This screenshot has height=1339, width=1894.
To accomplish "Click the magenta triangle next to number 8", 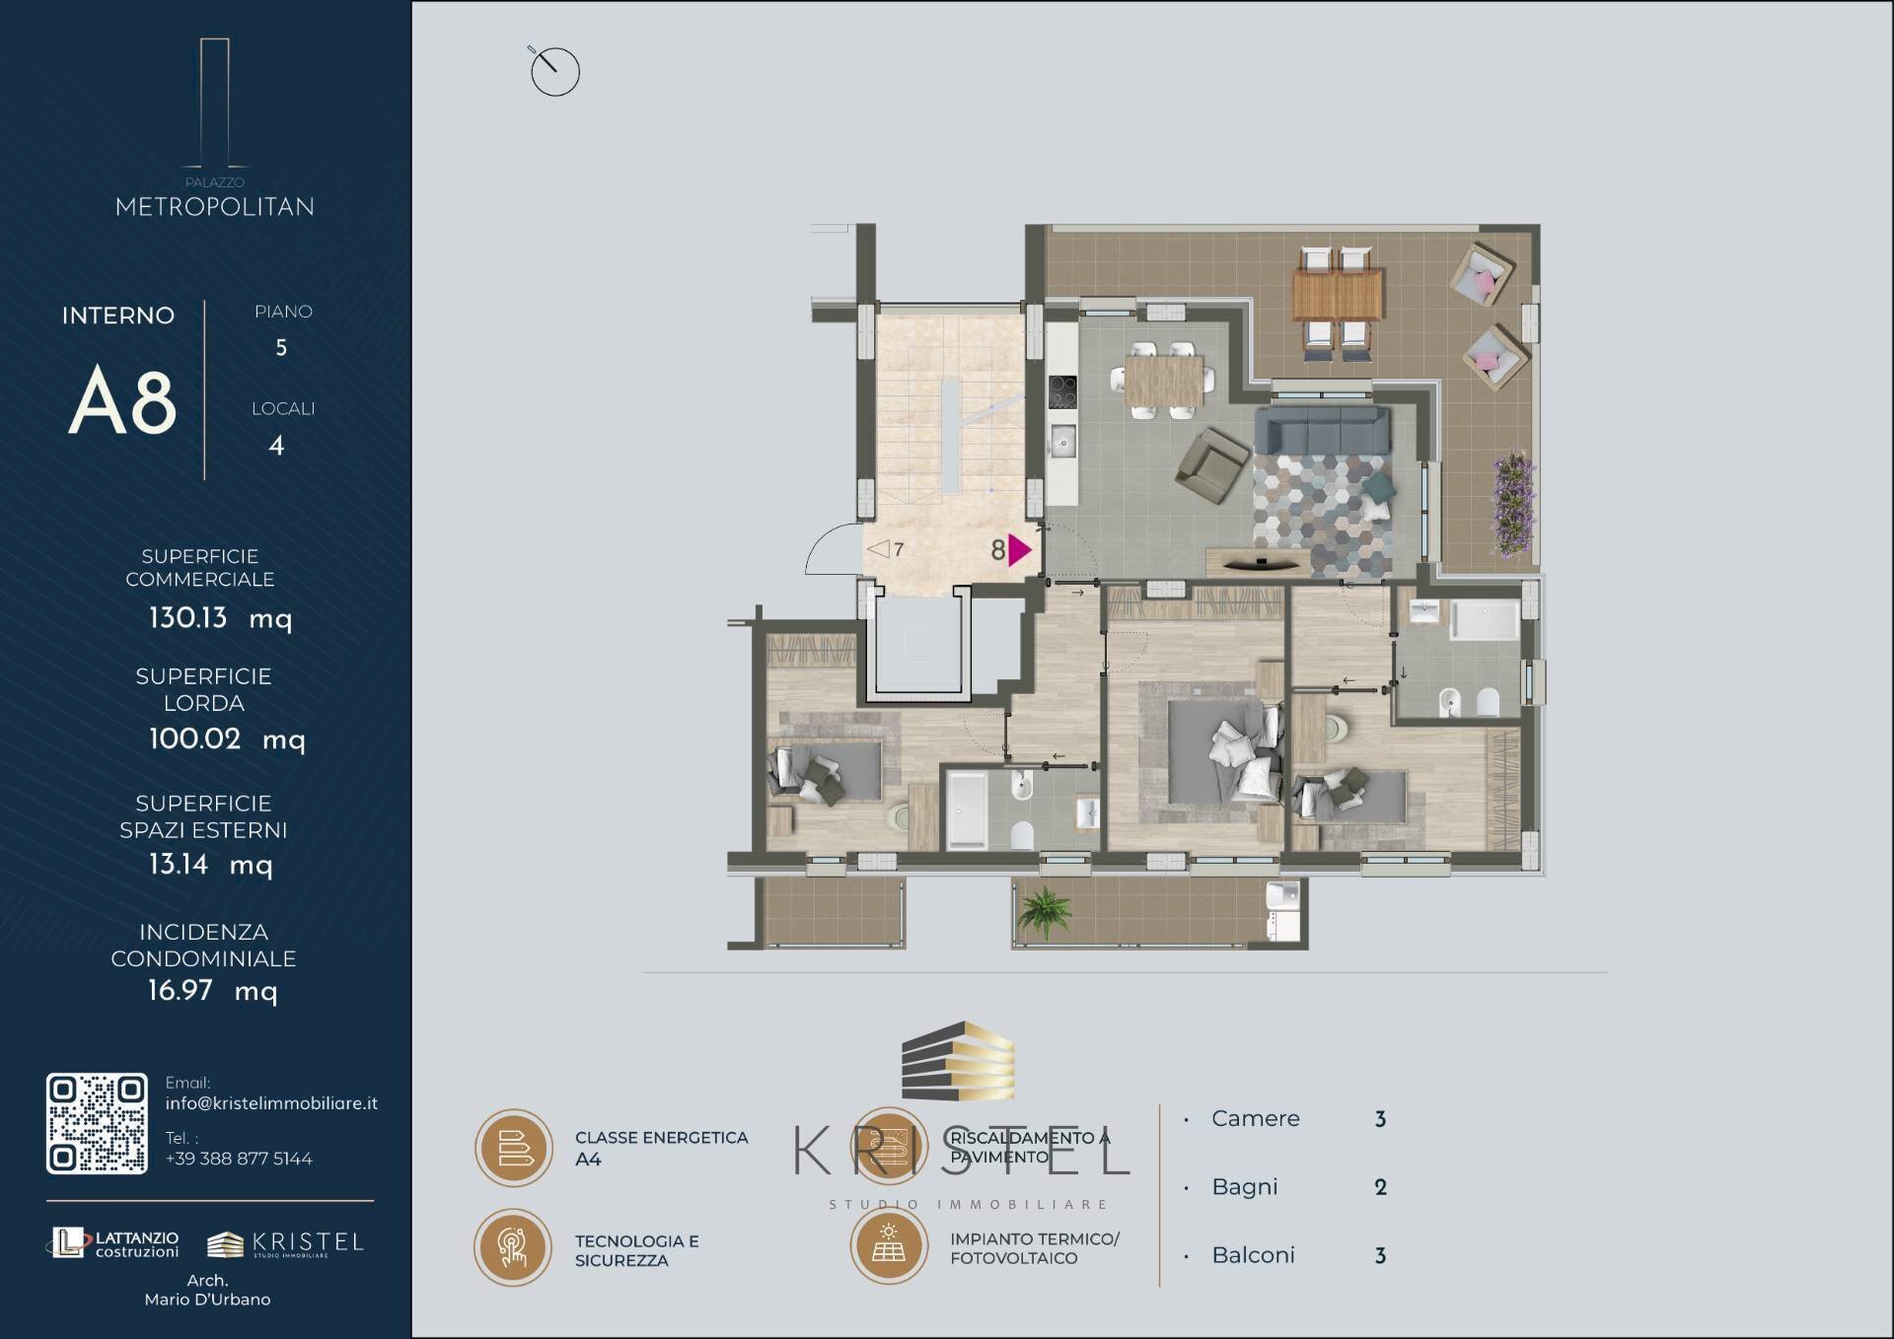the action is point(1019,550).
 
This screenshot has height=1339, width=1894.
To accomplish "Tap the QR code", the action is point(97,1123).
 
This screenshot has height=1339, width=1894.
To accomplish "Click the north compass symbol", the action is point(554,70).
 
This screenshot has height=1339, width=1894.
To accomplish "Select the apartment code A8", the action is point(122,400).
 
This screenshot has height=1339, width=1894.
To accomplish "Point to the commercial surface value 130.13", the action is point(187,618).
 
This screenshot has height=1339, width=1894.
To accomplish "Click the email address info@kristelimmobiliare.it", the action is point(271,1103).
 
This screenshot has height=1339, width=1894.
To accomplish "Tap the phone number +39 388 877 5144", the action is point(239,1159).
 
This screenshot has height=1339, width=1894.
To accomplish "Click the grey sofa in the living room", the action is point(1322,430).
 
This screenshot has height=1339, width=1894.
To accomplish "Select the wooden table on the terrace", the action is point(1338,295).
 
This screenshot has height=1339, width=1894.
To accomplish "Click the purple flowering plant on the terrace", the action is point(1512,502).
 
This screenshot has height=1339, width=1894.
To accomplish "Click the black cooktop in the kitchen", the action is point(1062,391).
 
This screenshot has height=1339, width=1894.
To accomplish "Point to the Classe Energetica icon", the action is point(514,1148).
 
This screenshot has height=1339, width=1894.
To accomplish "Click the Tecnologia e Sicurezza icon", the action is point(513,1247).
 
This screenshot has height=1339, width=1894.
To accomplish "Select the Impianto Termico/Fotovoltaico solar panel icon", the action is point(889,1245).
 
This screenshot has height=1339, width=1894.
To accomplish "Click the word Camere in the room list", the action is point(1256,1119).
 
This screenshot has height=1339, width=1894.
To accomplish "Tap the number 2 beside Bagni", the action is point(1381,1187).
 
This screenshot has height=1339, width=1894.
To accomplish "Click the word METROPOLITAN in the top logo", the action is point(215,207).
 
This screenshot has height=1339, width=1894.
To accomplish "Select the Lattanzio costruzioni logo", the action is point(114,1243).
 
